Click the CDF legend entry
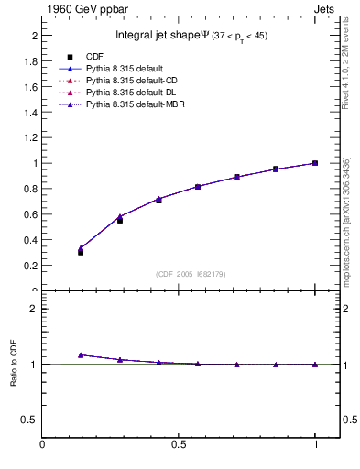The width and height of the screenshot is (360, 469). pos(93,57)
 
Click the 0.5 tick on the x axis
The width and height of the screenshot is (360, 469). pos(179,444)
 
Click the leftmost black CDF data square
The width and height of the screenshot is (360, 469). pos(81,252)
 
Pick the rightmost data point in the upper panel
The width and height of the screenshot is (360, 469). pos(314,163)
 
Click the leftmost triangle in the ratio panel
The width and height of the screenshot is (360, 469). pos(81,354)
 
